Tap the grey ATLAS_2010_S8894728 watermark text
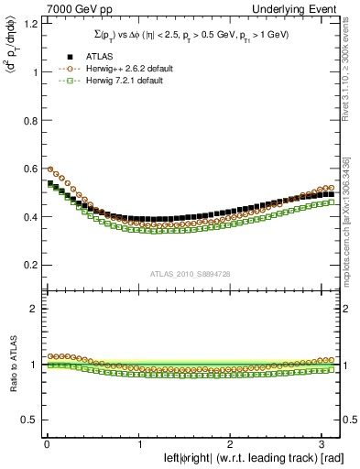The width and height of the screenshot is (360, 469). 191,274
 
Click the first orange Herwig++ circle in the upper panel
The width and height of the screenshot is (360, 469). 50,169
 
